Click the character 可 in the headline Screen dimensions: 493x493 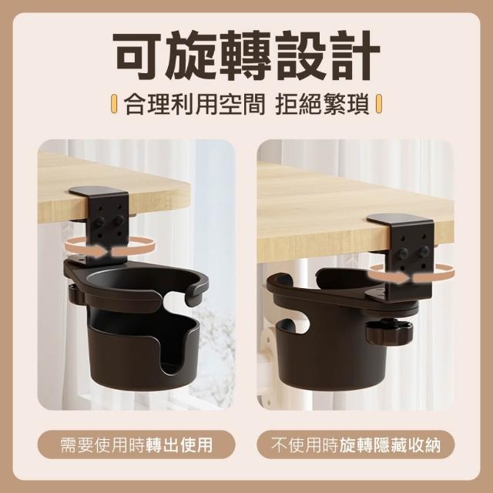coord(137,55)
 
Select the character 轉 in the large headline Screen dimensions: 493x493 coord(246,55)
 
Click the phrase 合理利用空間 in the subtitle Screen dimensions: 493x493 coord(195,104)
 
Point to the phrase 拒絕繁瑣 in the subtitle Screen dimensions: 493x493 coord(322,104)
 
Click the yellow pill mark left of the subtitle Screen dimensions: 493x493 coord(115,104)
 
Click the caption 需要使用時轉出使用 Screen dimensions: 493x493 coord(136,444)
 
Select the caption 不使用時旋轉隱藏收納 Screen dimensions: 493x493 coord(356,444)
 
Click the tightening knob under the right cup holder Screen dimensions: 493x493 coord(389,334)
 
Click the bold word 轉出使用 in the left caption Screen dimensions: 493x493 coord(179,444)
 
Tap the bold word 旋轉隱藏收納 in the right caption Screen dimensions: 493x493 coord(390,444)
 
